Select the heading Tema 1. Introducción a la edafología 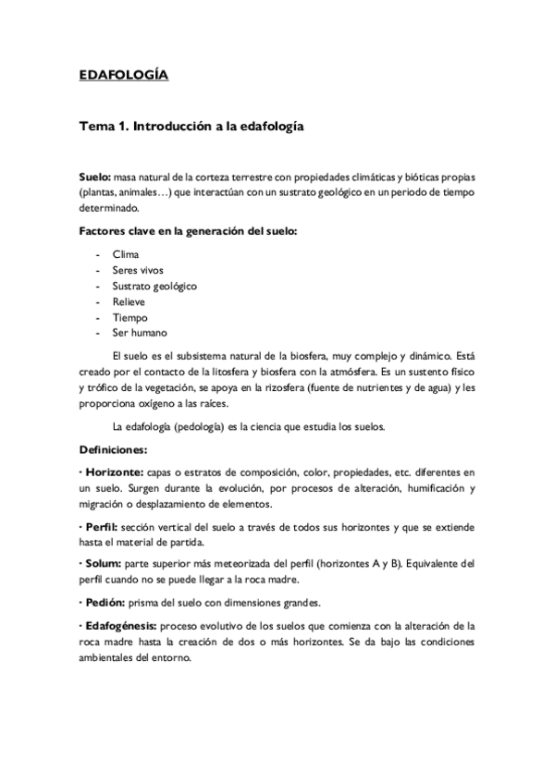(191, 124)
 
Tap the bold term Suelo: (94, 176)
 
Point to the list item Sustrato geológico (154, 286)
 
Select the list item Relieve (129, 301)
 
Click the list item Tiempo (129, 317)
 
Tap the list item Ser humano (139, 333)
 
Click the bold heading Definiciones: (113, 450)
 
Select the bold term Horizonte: (117, 472)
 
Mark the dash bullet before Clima (97, 253)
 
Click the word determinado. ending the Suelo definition (108, 208)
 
